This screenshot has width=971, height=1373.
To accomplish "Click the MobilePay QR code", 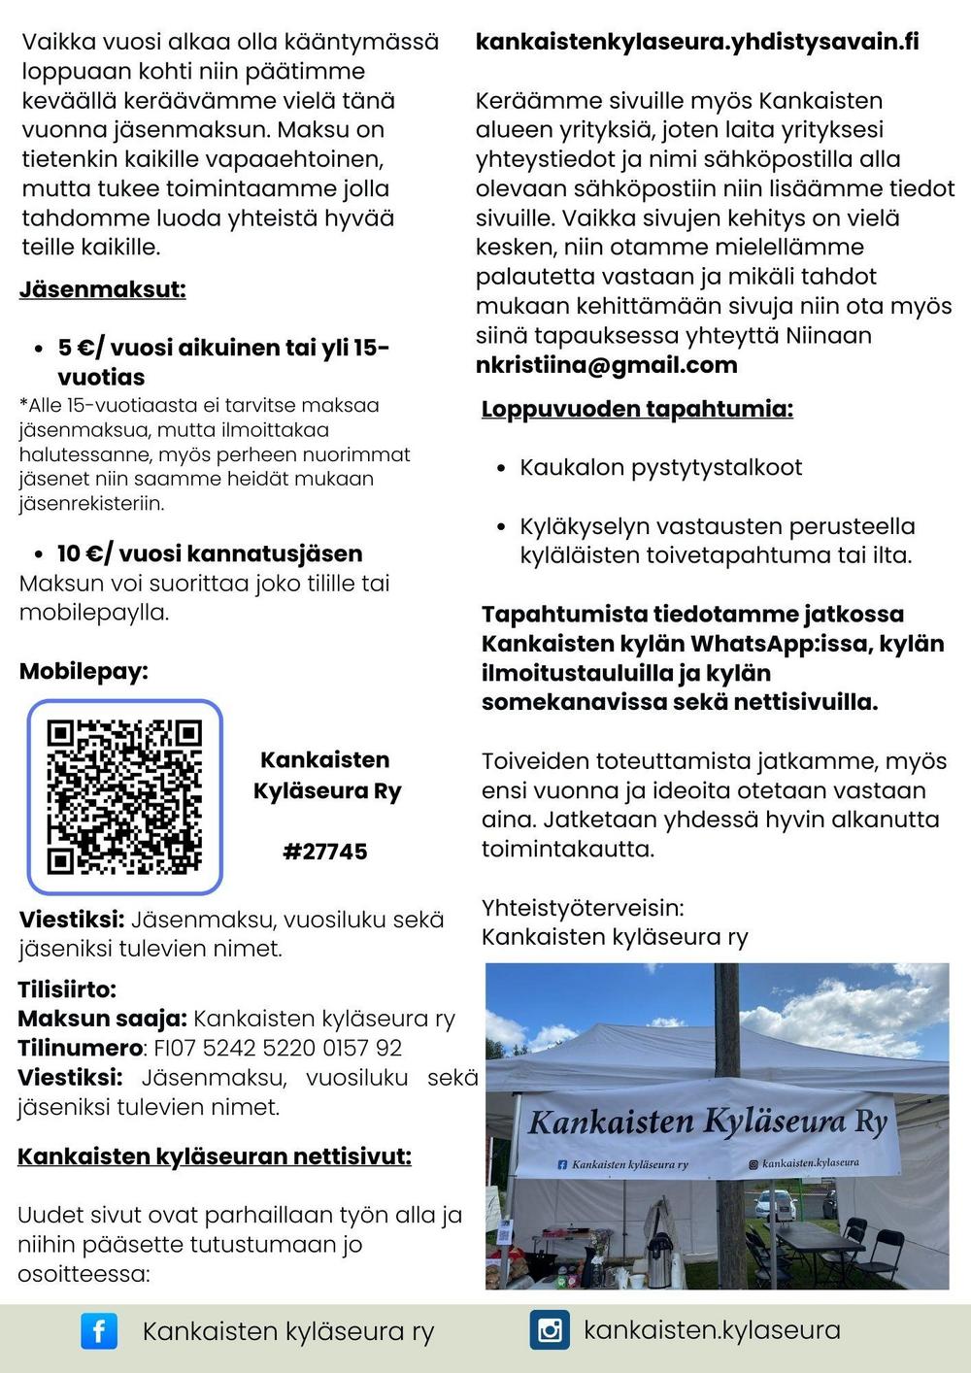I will (124, 796).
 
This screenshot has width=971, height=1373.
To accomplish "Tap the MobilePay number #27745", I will (325, 852).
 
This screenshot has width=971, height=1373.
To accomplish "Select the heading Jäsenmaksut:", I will (102, 289).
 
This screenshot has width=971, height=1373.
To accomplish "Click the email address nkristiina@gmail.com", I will (606, 365).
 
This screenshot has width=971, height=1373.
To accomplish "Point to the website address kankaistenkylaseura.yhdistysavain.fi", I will (696, 42).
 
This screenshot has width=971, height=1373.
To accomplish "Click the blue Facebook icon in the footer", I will (99, 1330).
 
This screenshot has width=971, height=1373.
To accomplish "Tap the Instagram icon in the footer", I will (550, 1329).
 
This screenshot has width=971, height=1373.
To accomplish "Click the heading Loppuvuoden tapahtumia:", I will (637, 409).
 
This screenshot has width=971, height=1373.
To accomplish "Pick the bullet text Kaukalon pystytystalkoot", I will (660, 467).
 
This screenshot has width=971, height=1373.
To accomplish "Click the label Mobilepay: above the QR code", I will (84, 671).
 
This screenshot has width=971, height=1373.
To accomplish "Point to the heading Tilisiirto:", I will (67, 989).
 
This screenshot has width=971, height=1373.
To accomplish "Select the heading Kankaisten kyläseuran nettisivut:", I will (215, 1156).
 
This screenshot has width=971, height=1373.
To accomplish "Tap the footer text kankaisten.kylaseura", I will (712, 1329).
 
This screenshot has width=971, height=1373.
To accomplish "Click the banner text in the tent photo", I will (707, 1123).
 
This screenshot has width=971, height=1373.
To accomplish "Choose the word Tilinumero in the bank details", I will (80, 1049).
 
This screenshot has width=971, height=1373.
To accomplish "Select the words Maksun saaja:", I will (102, 1019).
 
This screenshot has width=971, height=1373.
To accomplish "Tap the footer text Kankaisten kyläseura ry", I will (287, 1331).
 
